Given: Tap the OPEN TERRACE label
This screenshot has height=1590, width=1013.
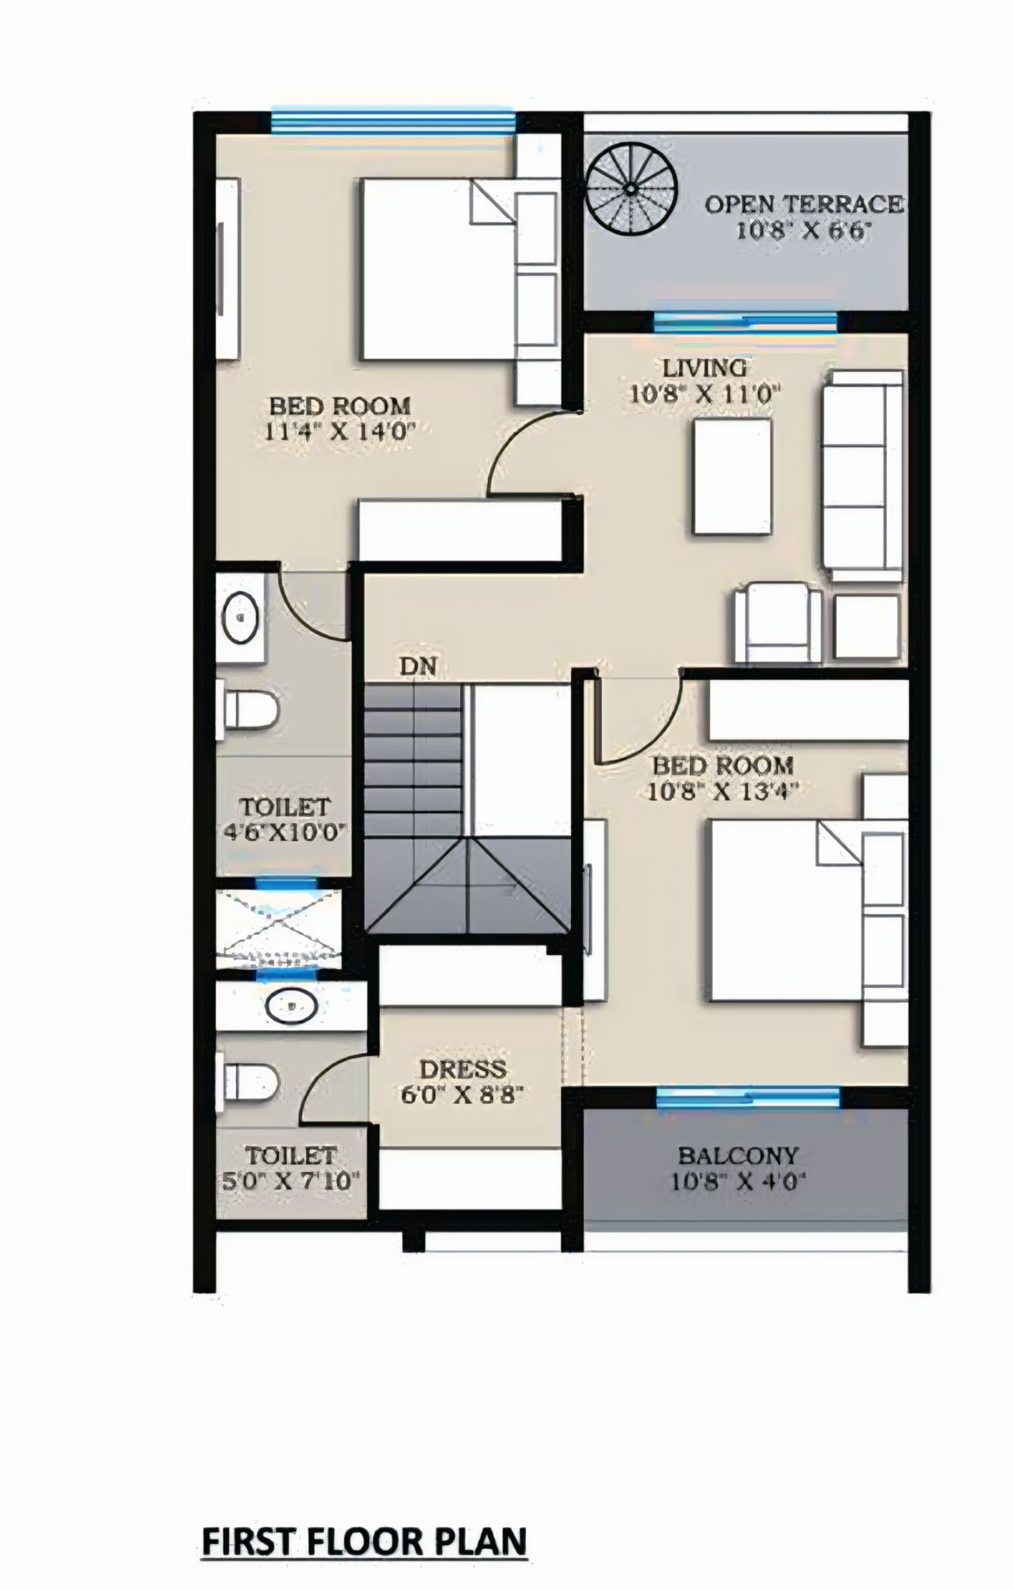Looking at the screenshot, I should coord(803,204).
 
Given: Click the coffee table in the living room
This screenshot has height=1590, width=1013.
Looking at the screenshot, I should coord(733,476).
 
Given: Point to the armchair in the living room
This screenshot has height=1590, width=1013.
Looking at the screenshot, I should coord(778,623).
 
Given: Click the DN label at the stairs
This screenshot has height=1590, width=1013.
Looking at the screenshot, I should coord(418,666).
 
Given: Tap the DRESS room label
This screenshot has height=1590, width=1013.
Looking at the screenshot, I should coord(463,1069).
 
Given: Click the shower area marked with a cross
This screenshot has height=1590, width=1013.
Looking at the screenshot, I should coord(278,929).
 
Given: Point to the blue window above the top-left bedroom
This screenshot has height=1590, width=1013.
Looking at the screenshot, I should coord(392,121).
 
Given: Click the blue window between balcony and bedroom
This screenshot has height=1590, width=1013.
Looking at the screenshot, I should coord(747,1097).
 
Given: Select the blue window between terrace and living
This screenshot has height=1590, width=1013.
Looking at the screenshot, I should coord(745,321).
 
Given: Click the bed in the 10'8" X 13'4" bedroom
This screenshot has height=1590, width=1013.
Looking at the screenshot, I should coord(785,913).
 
